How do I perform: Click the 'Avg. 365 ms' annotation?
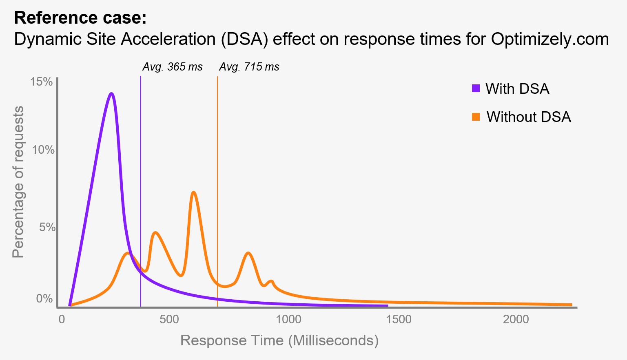click(x=172, y=67)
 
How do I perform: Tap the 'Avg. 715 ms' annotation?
click(x=249, y=67)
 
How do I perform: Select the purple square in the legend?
click(x=476, y=88)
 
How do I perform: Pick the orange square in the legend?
click(x=476, y=117)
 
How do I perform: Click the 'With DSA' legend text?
click(x=517, y=89)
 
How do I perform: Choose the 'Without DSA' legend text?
click(x=529, y=117)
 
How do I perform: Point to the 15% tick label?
click(x=42, y=82)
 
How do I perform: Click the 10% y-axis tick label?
click(x=43, y=150)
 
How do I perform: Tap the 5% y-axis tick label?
click(x=47, y=227)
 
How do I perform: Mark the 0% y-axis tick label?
click(x=44, y=298)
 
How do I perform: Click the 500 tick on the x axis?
click(x=169, y=319)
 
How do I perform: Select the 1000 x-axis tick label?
click(x=288, y=319)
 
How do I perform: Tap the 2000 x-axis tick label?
click(x=516, y=319)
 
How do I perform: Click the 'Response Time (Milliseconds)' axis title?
click(x=279, y=340)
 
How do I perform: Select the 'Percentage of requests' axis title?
click(x=18, y=182)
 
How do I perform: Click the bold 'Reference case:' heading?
click(x=80, y=18)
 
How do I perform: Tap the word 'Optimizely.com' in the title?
click(x=550, y=40)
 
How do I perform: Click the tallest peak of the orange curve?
click(x=194, y=192)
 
